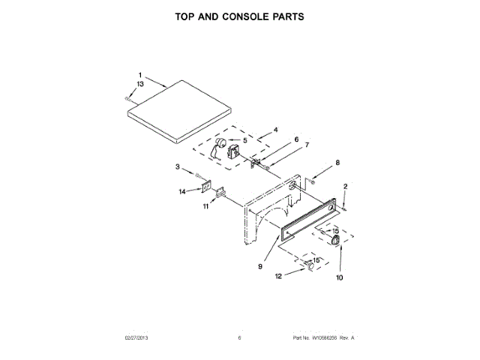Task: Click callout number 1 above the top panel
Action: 139,74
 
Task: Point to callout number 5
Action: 244,139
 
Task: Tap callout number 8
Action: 337,163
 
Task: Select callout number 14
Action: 181,191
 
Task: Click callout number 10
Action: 338,277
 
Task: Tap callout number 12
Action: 278,276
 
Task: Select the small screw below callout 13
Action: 129,97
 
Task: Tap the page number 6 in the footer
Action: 239,338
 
